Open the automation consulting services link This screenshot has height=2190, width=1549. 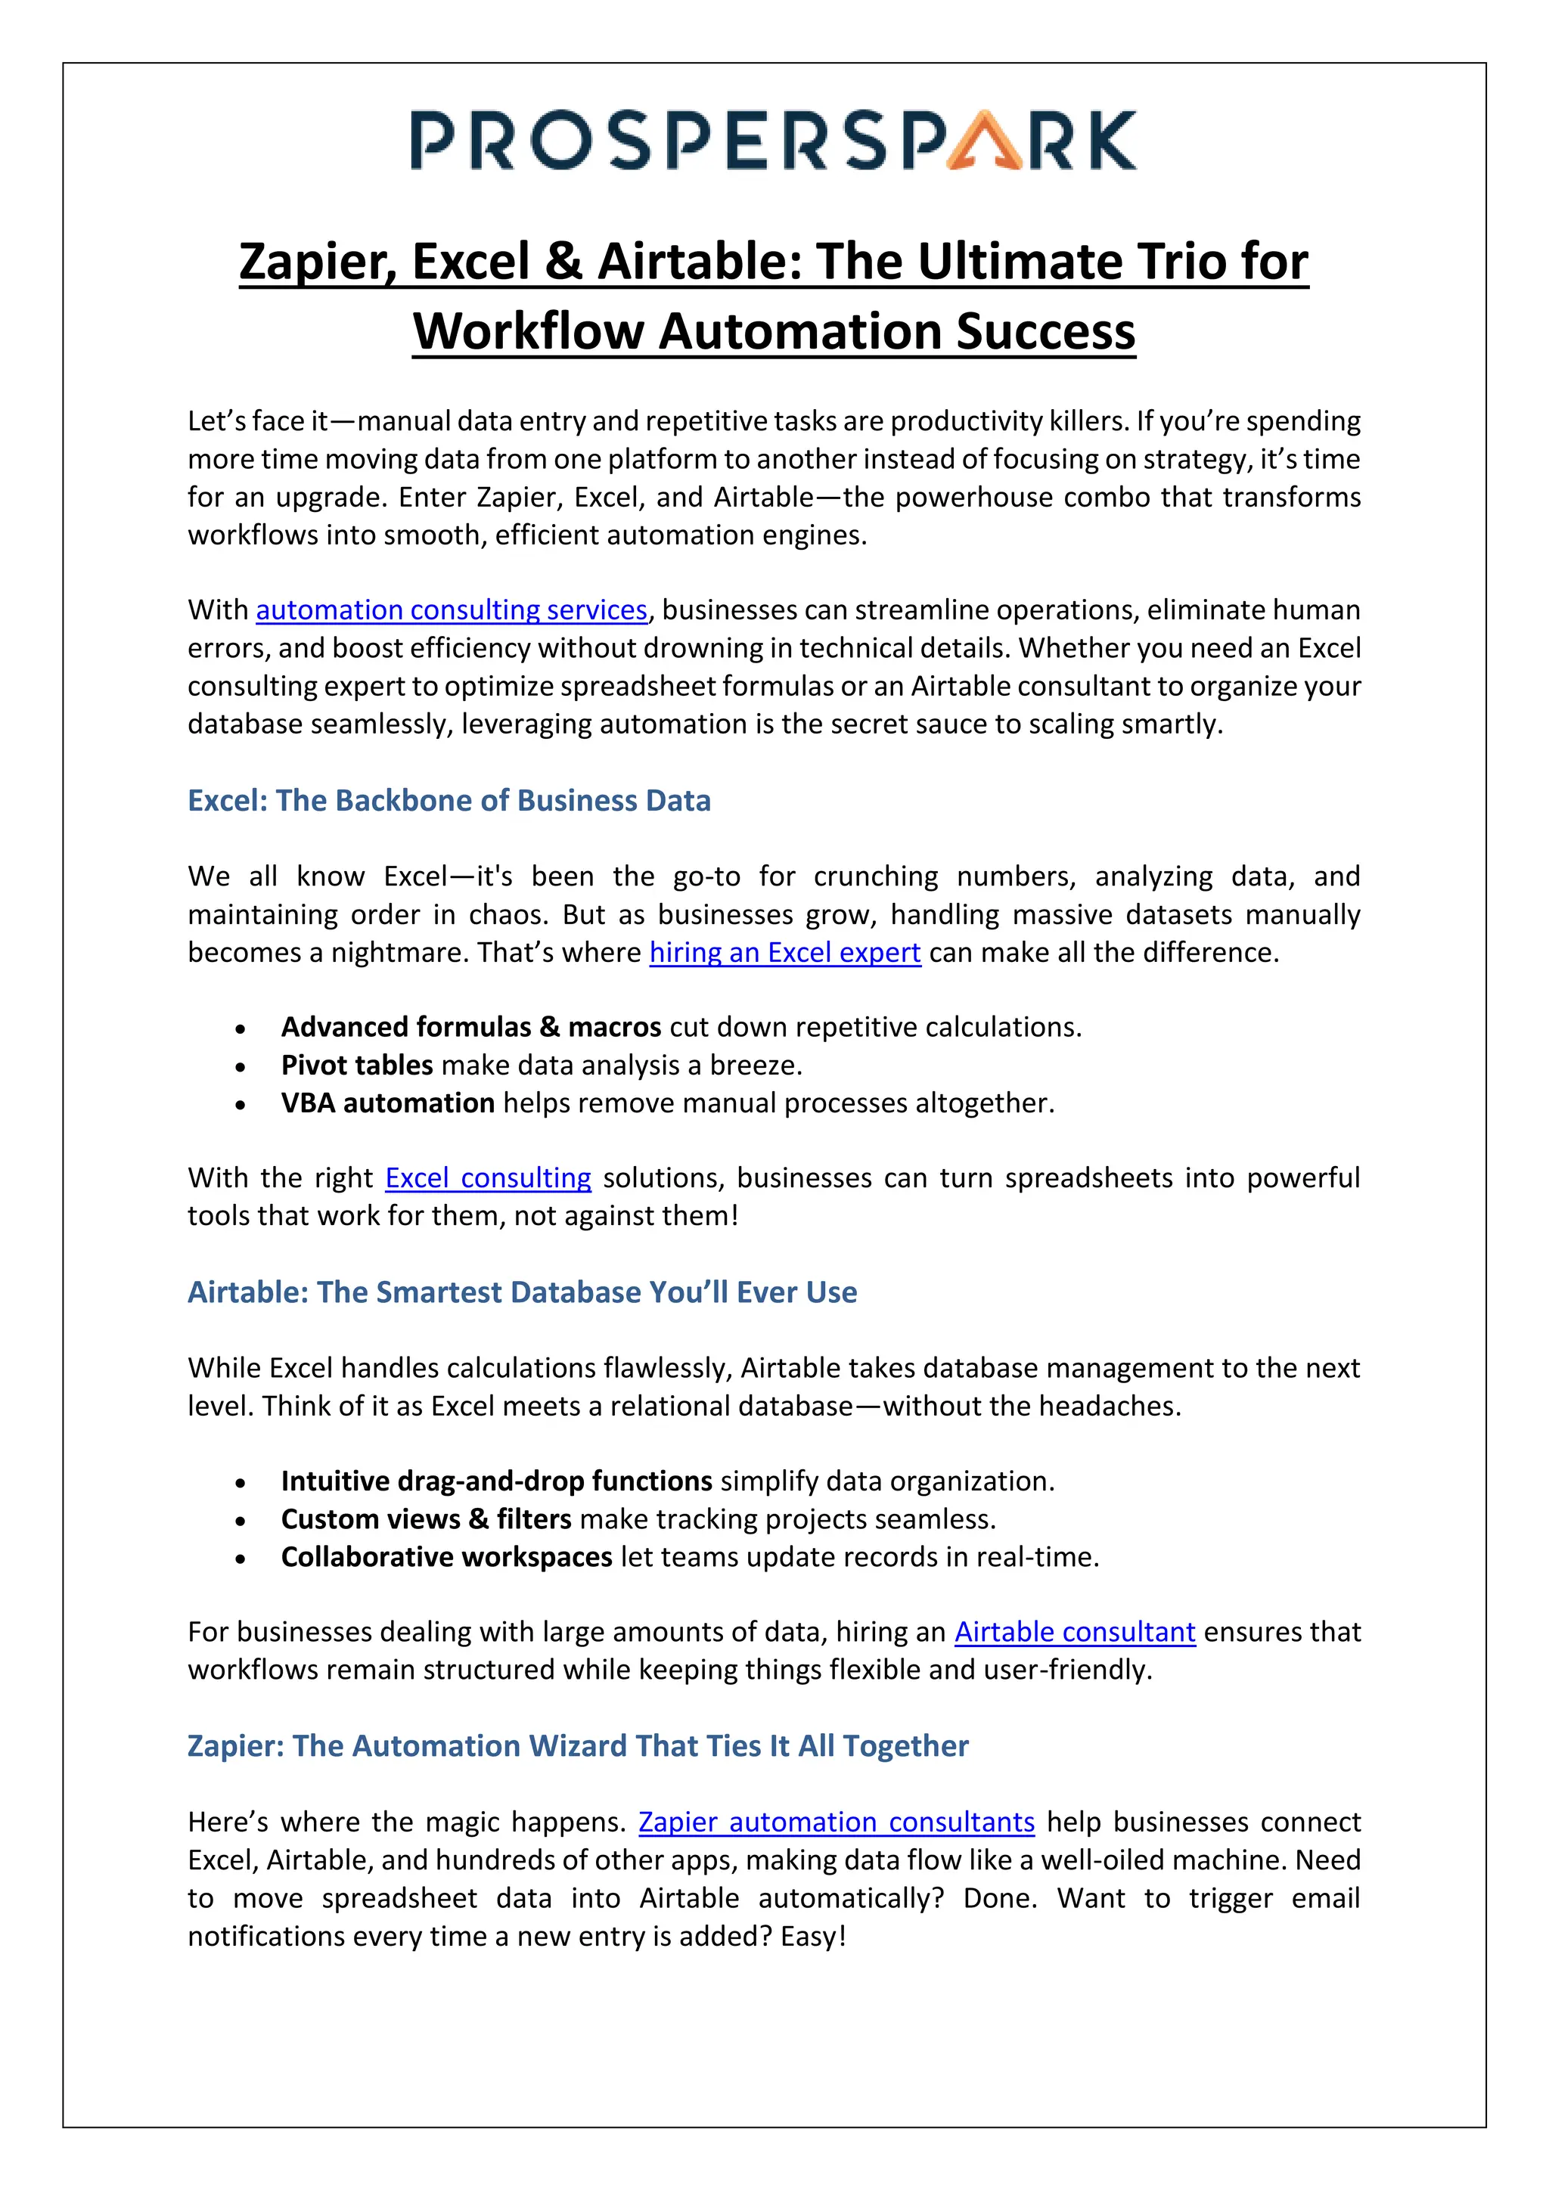pos(451,610)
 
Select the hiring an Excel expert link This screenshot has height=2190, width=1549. pos(784,952)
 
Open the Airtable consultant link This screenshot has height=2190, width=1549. pos(1074,1632)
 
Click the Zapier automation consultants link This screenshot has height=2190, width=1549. pos(836,1822)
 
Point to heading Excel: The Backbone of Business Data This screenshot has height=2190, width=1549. pos(449,800)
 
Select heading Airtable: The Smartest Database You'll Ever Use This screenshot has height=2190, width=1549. pos(522,1292)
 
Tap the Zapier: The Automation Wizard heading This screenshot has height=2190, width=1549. pos(577,1745)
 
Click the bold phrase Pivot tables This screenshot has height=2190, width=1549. pos(357,1065)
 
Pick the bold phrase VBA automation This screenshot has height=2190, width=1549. pos(387,1103)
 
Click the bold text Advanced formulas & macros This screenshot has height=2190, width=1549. pos(470,1027)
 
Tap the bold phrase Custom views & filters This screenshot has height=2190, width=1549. pos(425,1518)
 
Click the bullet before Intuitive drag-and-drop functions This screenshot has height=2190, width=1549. pos(241,1483)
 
